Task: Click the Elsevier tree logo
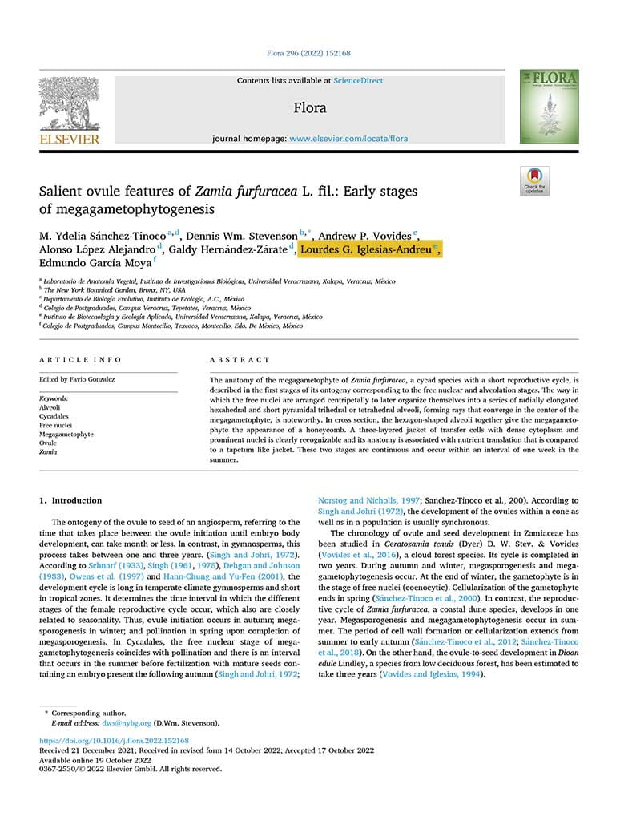pos(70,106)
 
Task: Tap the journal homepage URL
pos(348,139)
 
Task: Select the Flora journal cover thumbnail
pos(549,107)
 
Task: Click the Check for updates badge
pos(534,181)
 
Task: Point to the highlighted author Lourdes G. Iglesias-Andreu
pos(368,249)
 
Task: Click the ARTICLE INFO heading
pos(81,360)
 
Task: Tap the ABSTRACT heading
pos(240,360)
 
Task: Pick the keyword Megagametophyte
pos(66,434)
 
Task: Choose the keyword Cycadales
pos(54,416)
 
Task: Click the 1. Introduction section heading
pos(71,500)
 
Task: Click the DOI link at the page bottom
pos(114,741)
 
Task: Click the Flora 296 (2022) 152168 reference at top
pos(308,53)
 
